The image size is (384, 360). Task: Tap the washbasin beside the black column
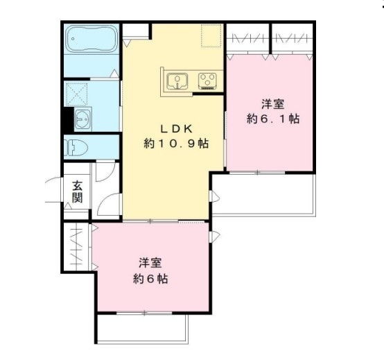point(84,119)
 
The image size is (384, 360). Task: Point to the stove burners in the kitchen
point(207,81)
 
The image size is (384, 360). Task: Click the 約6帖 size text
point(150,280)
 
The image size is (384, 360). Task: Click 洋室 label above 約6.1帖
point(272,104)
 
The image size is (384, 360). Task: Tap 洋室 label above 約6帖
point(150,264)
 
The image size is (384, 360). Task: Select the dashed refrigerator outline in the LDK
point(211,35)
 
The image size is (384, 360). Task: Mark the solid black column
point(67,119)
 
